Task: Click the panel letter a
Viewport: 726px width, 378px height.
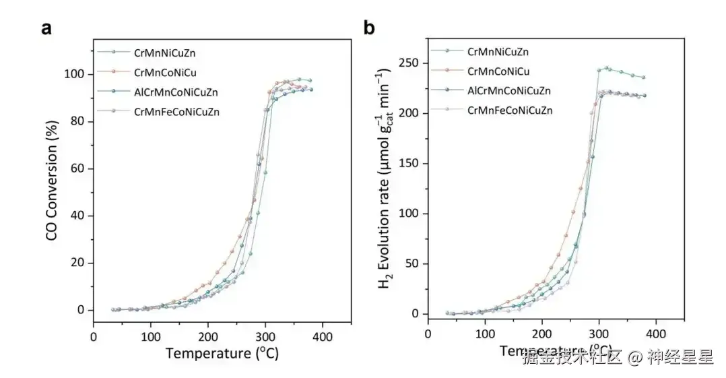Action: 46,28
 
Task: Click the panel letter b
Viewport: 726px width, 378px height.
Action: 369,28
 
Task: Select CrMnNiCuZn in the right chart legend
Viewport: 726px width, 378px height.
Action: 498,51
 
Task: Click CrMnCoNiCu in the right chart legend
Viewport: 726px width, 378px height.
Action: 498,71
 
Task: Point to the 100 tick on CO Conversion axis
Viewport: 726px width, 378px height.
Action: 77,74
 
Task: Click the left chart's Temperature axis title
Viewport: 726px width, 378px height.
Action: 222,352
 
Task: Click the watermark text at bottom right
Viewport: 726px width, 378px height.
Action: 617,357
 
